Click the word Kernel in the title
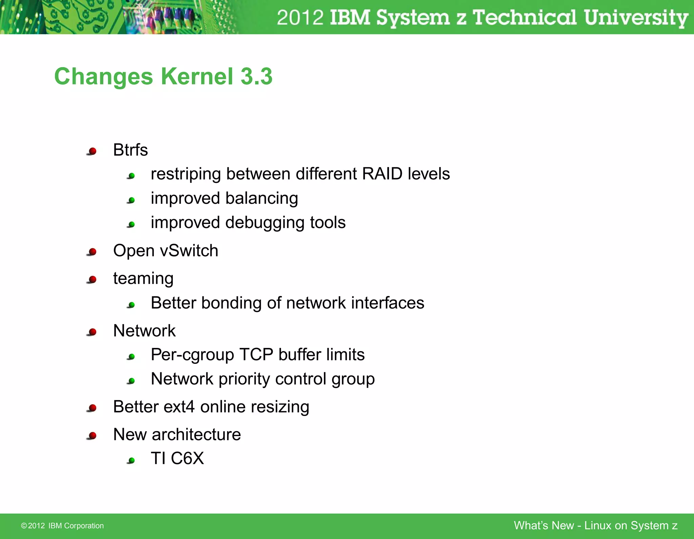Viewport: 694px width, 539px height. click(197, 76)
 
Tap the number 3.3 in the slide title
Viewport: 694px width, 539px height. click(257, 76)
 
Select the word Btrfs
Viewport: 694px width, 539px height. click(130, 150)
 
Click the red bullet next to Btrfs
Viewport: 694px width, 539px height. click(92, 151)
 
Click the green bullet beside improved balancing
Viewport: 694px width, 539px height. click(131, 200)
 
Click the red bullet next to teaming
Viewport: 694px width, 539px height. click(92, 279)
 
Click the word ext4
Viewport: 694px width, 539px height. click(179, 407)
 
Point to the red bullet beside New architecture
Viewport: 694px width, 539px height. click(92, 435)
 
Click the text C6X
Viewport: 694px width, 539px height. click(187, 458)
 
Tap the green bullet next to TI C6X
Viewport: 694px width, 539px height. click(131, 460)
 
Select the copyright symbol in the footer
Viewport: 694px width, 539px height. click(24, 526)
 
